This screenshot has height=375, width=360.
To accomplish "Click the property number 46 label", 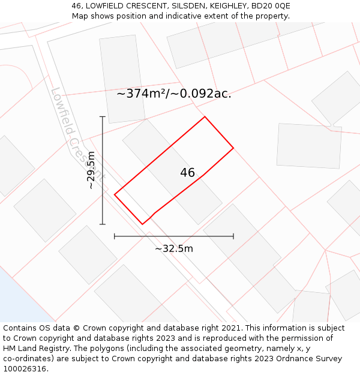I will click(187, 173).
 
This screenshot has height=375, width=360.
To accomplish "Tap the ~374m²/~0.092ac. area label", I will click(173, 94).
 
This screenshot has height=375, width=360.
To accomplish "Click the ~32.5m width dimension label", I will click(174, 248).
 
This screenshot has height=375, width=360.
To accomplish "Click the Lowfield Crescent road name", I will click(77, 134).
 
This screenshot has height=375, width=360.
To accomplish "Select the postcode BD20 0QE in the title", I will click(271, 6).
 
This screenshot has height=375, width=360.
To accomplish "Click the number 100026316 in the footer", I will click(25, 369).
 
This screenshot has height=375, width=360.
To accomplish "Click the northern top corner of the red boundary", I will click(205, 116).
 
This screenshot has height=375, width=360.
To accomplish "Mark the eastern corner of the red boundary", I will click(233, 148).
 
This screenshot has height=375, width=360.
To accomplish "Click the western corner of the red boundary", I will click(115, 194).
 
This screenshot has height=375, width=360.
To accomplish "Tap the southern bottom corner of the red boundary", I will click(142, 224).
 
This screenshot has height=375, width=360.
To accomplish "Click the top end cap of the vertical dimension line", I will click(103, 117).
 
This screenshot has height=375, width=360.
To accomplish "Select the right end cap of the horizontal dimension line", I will click(233, 236).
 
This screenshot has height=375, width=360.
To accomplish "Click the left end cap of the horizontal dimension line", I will click(115, 236).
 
